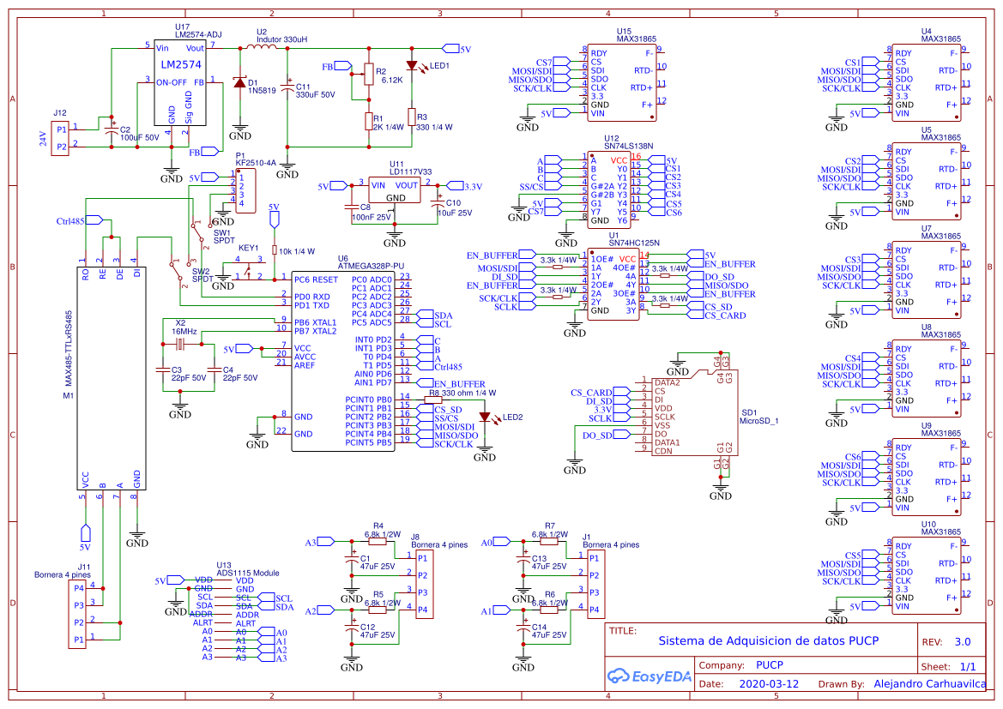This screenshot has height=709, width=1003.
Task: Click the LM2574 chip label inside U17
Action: tap(181, 64)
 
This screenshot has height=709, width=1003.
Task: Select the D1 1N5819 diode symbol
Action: tap(239, 82)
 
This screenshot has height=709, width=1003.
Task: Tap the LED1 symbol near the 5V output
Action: tap(412, 65)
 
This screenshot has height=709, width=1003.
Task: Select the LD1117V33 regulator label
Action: tap(410, 171)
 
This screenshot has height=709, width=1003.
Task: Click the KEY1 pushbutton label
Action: tap(248, 248)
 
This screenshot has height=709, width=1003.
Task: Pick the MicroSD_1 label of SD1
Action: tap(758, 421)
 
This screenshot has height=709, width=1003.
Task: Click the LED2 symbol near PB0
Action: tap(485, 418)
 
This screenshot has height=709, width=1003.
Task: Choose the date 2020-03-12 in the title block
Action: tap(768, 684)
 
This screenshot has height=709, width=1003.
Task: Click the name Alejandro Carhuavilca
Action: tap(929, 684)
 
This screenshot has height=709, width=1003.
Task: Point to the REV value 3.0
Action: tap(962, 641)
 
